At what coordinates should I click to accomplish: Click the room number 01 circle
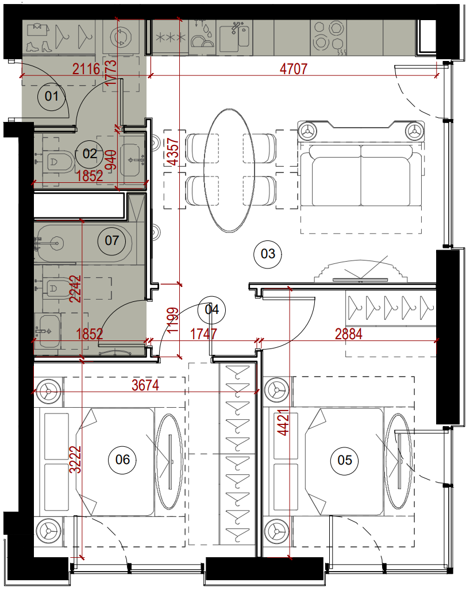[x=52, y=97]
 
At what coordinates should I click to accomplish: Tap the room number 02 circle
[x=90, y=154]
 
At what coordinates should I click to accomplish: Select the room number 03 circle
[x=268, y=254]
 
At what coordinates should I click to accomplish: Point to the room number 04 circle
[x=211, y=310]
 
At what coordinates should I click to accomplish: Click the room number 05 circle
[x=344, y=460]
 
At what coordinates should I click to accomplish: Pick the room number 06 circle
[x=122, y=459]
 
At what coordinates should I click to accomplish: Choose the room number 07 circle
[x=111, y=240]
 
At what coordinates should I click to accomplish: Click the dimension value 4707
[x=294, y=69]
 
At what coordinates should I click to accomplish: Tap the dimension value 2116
[x=87, y=69]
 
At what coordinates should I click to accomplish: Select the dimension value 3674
[x=145, y=385]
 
